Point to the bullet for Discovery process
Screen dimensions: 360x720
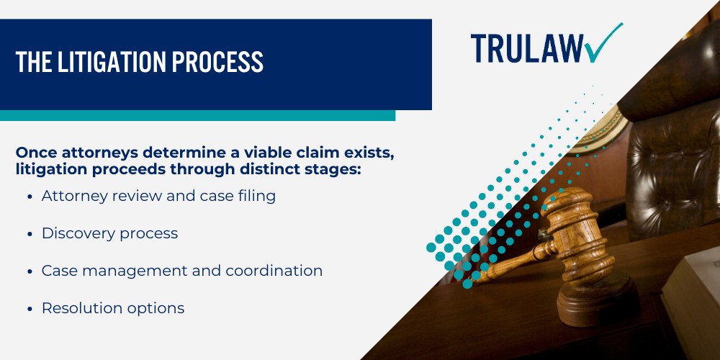tap(30, 233)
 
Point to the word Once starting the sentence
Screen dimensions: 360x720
tap(36, 153)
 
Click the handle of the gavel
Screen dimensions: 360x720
tap(511, 263)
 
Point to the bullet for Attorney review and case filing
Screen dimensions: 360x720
tap(30, 196)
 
